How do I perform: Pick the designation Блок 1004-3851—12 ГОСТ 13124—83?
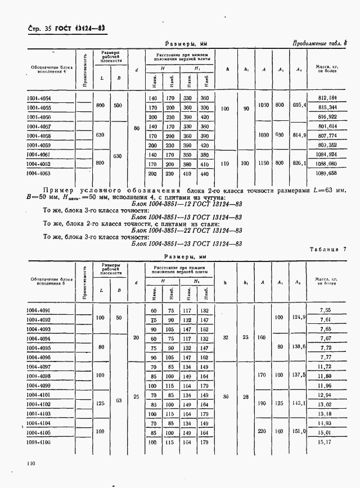pyautogui.click(x=186, y=202)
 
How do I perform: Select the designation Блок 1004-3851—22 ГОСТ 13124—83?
pyautogui.click(x=186, y=230)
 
